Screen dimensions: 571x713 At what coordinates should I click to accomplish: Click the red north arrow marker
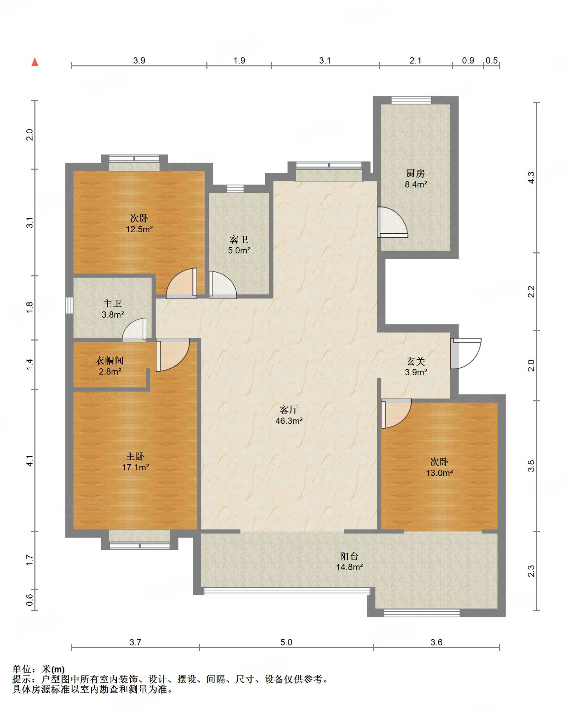click(x=35, y=62)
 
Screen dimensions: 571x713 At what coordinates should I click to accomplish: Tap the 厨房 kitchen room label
click(x=415, y=173)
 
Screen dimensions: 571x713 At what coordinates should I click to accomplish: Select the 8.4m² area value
click(x=416, y=184)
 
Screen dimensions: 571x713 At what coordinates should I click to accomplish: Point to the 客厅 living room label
click(x=289, y=409)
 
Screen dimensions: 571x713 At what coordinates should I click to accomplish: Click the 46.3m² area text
click(x=289, y=421)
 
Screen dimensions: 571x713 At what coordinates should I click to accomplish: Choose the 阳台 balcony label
click(x=349, y=556)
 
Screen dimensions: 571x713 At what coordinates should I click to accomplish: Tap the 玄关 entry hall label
click(x=416, y=361)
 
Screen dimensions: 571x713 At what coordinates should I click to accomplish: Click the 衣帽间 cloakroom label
click(x=110, y=360)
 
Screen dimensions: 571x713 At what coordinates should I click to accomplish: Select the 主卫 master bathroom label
click(x=112, y=304)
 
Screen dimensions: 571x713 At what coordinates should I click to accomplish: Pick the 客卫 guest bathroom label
click(x=239, y=240)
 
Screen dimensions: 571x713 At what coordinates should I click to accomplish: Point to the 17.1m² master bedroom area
click(x=135, y=467)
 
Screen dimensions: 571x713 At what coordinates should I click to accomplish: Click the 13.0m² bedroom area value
click(x=439, y=473)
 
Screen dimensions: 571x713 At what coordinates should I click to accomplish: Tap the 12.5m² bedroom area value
click(x=139, y=229)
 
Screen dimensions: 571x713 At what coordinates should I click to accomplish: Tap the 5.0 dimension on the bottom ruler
click(x=286, y=642)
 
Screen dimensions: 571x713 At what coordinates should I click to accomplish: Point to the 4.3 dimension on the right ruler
click(x=531, y=177)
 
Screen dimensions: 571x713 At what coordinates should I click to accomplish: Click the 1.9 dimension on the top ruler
click(x=239, y=61)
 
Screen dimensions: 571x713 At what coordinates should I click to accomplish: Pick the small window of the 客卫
click(x=236, y=189)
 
